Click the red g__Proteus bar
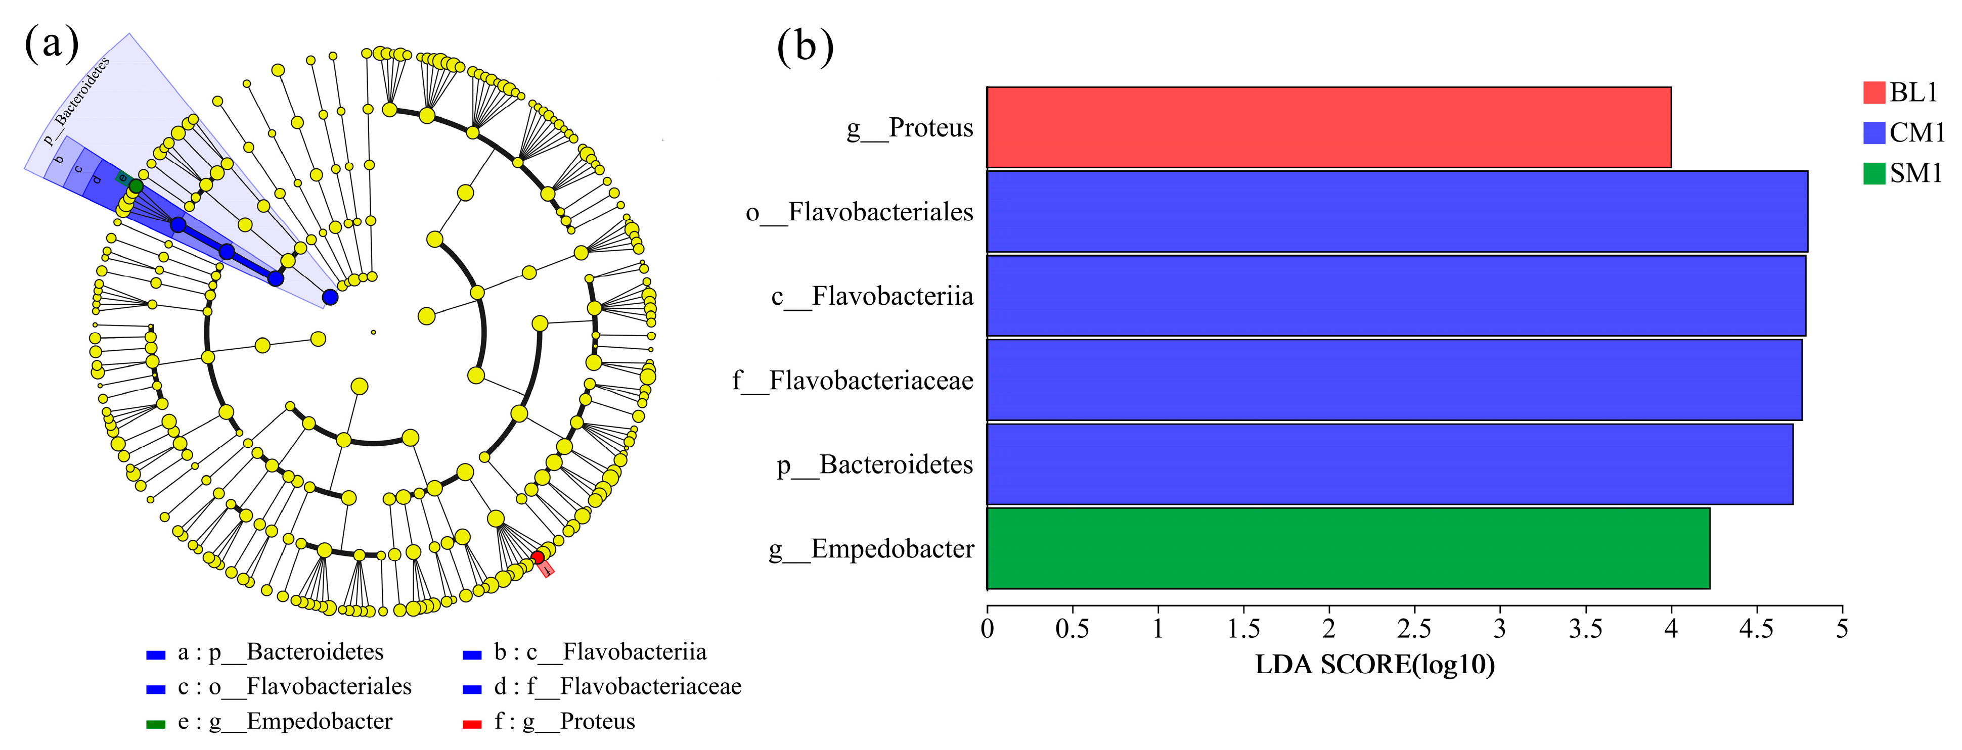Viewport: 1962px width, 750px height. tap(1328, 127)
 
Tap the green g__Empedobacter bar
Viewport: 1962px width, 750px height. tap(1348, 548)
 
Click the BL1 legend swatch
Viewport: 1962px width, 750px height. tap(1874, 92)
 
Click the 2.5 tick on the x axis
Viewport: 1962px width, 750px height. tap(1414, 629)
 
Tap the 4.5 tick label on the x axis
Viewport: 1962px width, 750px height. tap(1756, 629)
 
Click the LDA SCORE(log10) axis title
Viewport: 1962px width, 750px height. tap(1375, 665)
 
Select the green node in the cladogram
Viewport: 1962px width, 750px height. tap(136, 186)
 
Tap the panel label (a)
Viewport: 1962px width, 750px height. tap(52, 43)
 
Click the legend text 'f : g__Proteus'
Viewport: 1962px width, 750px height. tap(564, 721)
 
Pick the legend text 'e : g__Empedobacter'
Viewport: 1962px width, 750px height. tap(285, 721)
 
